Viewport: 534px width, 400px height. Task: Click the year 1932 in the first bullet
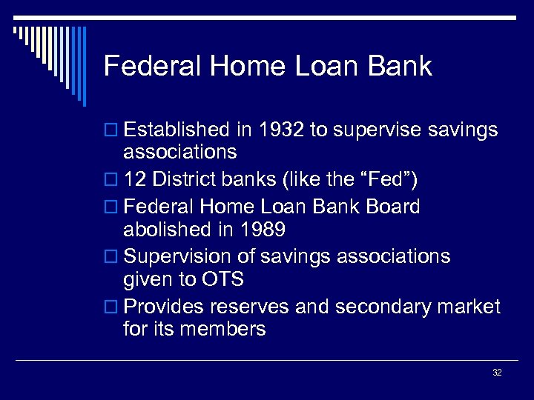(280, 130)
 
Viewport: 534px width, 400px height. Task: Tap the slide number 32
(497, 373)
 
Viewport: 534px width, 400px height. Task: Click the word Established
(177, 130)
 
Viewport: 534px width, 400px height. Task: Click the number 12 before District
(136, 179)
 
